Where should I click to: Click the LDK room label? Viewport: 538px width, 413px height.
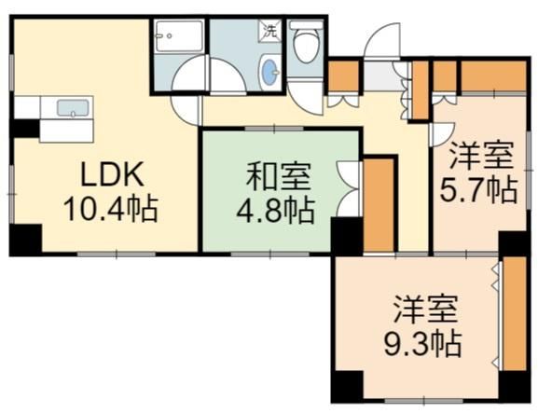pos(112,174)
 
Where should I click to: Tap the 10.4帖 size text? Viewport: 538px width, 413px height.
pos(111,208)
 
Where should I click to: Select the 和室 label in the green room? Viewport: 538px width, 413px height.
pos(278,177)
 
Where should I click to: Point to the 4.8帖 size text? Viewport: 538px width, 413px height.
pos(275,211)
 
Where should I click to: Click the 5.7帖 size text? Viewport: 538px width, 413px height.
pos(478,189)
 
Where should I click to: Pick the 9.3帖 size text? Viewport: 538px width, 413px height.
pos(422,343)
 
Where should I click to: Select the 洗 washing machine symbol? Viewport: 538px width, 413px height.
pos(269,31)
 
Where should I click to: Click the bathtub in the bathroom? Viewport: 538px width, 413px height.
pos(178,36)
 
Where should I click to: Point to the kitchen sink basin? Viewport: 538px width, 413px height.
pos(73,107)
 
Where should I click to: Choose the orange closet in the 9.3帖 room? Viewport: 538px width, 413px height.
pos(515,313)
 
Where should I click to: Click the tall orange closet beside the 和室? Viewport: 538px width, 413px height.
pos(379,205)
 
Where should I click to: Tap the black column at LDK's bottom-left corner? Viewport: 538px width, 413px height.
pos(25,240)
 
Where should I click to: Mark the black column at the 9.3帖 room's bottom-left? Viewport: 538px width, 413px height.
pos(347,386)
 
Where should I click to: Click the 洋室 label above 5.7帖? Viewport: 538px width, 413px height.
pos(482,156)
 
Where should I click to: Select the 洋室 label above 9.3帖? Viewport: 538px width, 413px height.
pos(425,310)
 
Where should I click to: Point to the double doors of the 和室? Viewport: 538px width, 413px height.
pos(349,188)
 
